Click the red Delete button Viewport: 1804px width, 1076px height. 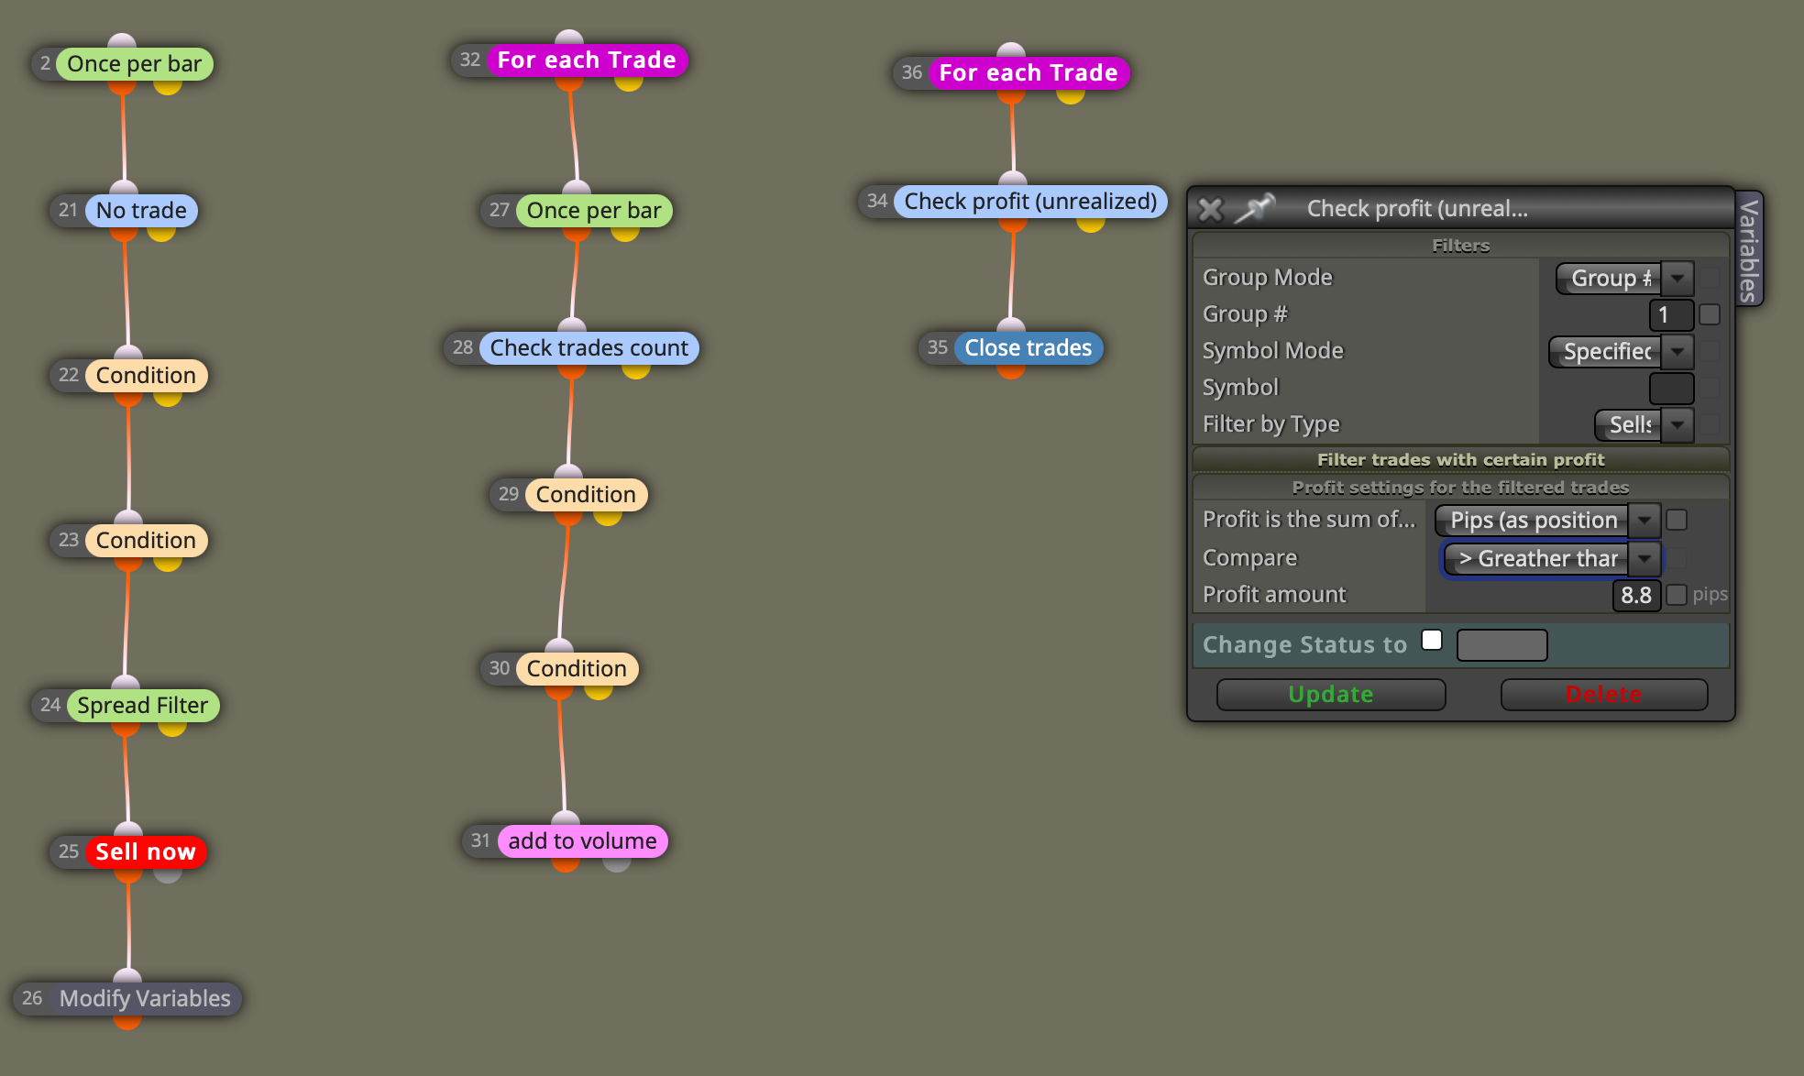coord(1603,694)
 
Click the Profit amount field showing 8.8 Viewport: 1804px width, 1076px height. coord(1635,595)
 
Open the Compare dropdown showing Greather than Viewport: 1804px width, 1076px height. coord(1552,558)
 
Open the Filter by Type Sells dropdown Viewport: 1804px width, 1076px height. coord(1644,424)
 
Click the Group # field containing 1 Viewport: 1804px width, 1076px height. coord(1670,314)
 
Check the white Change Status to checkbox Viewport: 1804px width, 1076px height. coord(1432,640)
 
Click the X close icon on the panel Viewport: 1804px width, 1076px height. coord(1210,210)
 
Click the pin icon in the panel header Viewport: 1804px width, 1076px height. coord(1254,208)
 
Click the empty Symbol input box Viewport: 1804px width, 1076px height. coord(1671,388)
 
